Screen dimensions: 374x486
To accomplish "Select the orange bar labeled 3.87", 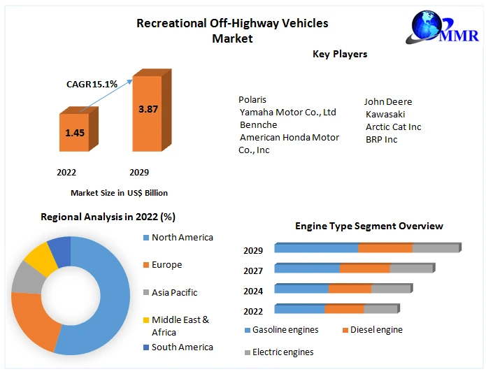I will pos(148,113).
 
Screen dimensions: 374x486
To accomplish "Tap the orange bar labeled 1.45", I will pos(75,132).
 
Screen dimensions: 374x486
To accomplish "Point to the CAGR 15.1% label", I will pos(92,84).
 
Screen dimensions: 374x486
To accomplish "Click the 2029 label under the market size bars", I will pos(139,172).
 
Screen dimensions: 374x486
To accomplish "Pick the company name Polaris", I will pos(252,100).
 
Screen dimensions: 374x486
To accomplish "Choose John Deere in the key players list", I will pos(388,102).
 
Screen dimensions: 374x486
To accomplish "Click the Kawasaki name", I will pos(385,114).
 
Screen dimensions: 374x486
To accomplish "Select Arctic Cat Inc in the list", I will pos(393,127).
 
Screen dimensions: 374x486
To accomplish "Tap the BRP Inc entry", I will pos(381,139).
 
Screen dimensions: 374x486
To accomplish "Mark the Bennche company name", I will pos(258,124).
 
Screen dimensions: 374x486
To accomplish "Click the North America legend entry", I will pos(182,238).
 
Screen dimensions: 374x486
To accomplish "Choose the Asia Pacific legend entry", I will pos(174,292).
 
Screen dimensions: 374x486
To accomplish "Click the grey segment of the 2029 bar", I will pos(435,248).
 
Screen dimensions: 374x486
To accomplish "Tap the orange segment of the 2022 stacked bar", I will pos(344,309).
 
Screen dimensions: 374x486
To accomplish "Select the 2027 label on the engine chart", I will pos(253,271).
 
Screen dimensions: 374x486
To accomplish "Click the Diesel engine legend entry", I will pos(376,330).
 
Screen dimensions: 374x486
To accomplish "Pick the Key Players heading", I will pos(340,54).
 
